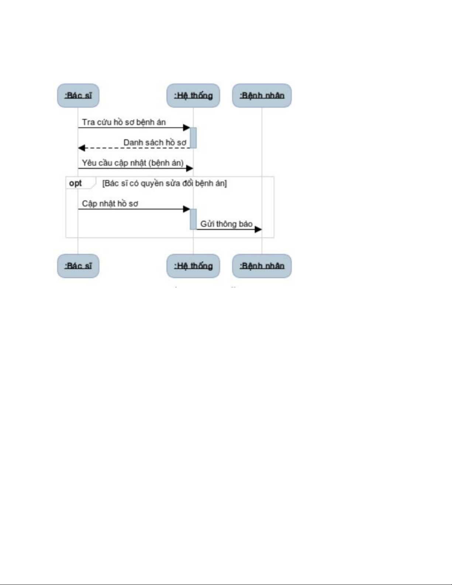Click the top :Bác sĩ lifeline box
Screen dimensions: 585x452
point(78,96)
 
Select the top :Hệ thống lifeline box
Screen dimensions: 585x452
point(193,96)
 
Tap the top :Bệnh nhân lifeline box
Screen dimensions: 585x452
point(262,96)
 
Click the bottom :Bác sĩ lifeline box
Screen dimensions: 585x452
point(78,266)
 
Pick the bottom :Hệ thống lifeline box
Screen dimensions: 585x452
point(193,266)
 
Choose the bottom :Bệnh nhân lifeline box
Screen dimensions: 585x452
point(262,266)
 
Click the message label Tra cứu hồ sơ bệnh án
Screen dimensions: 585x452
point(124,122)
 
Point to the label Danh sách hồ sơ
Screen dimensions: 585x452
point(155,142)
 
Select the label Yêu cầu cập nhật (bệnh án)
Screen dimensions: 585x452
point(132,163)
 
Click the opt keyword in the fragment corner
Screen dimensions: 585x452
point(76,183)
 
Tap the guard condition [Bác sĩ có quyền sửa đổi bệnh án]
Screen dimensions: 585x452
point(164,183)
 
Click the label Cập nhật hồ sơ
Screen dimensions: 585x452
point(110,204)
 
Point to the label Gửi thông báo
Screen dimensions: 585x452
point(226,224)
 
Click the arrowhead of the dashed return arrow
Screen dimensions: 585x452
point(82,148)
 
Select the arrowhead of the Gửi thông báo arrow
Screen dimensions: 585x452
point(258,230)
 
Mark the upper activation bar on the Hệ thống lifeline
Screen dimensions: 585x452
point(193,138)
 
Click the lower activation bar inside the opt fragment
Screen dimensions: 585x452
point(193,219)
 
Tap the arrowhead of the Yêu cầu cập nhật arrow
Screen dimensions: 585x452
point(189,169)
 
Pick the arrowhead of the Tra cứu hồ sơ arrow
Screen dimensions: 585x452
point(186,128)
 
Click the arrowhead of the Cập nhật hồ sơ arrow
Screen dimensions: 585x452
point(186,209)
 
